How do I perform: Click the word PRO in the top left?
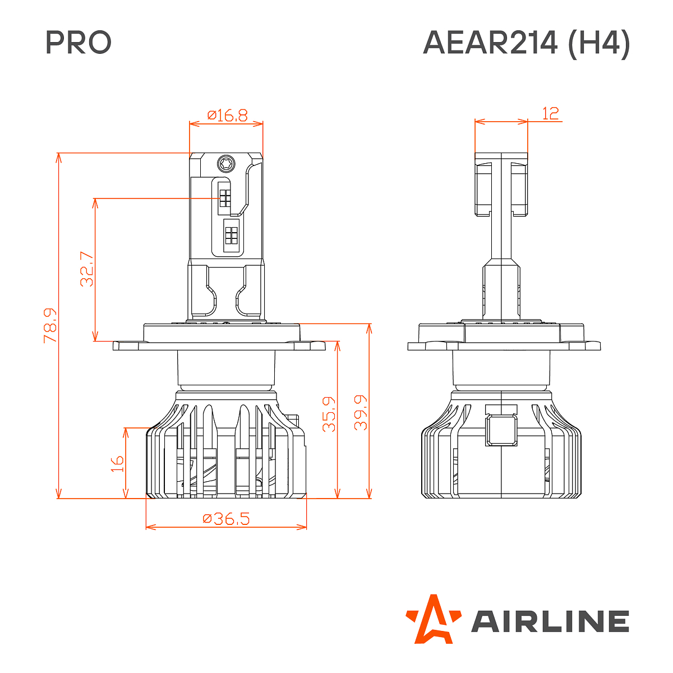point(79,43)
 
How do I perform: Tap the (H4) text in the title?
point(599,43)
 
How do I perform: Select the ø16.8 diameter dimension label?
point(227,116)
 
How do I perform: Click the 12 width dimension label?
point(551,113)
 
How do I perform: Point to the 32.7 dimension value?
point(87,269)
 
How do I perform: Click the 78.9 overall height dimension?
point(50,325)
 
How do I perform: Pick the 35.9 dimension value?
point(329,414)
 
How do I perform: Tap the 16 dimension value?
point(117,464)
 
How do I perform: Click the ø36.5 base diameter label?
point(226,519)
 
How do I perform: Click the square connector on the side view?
point(501,430)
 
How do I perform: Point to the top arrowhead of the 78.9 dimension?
point(58,156)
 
